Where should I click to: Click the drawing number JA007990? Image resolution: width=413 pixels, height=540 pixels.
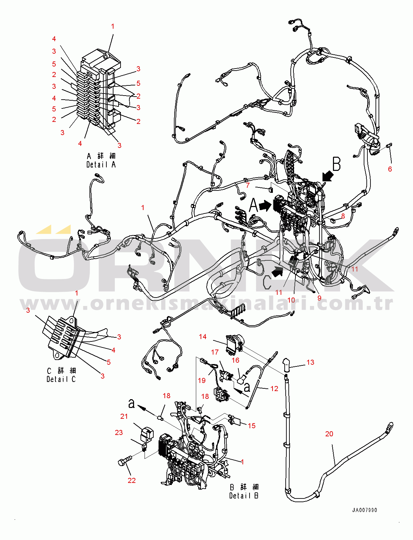[x=364, y=510]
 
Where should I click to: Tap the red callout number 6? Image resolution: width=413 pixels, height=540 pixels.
[x=390, y=169]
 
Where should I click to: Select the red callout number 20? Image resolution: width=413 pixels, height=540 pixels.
[x=329, y=434]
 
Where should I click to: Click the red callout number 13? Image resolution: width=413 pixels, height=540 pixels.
[x=310, y=362]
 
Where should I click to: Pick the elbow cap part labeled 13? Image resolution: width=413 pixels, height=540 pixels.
[x=286, y=365]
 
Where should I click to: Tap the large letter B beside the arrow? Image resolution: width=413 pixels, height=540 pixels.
[x=336, y=164]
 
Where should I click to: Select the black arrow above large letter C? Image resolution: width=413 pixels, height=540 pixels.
[x=278, y=271]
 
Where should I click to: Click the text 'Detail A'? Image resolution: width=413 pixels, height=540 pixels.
[x=101, y=164]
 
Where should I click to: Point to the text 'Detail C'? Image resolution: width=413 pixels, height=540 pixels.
[x=61, y=379]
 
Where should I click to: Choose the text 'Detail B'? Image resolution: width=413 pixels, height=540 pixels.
[x=244, y=495]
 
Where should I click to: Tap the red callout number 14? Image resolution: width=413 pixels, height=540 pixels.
[x=203, y=336]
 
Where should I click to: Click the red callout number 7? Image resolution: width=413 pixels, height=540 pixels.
[x=248, y=185]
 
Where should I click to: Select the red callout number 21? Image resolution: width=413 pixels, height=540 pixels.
[x=124, y=416]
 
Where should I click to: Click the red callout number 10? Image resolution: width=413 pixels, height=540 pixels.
[x=291, y=300]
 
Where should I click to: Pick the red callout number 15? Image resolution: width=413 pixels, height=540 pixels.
[x=252, y=426]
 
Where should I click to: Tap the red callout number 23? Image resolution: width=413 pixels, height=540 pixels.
[x=119, y=432]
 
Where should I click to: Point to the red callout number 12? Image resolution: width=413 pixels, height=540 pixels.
[x=274, y=388]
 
